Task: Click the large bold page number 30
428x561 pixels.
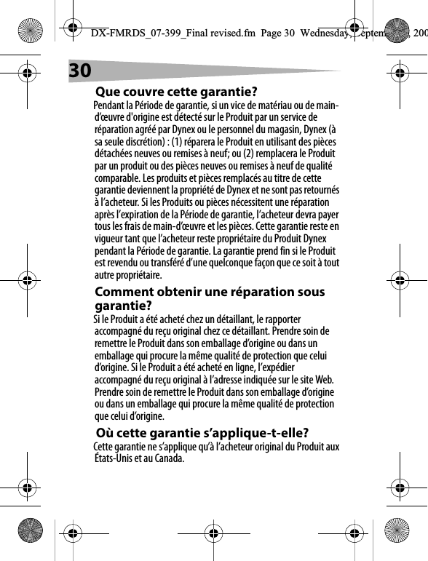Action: tap(80, 70)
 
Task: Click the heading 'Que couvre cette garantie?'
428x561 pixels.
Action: tap(177, 92)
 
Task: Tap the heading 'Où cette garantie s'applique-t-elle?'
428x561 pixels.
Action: tap(202, 434)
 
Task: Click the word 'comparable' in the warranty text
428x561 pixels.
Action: tap(119, 177)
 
